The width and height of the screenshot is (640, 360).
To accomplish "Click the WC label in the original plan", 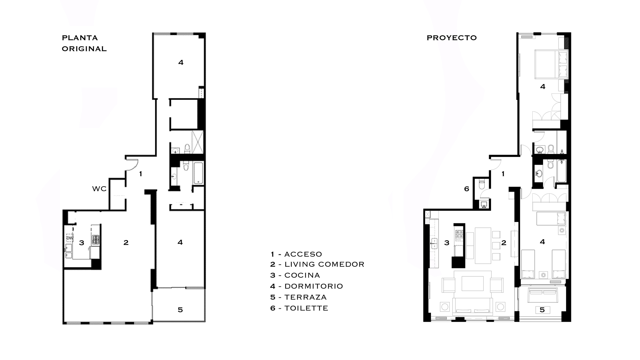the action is pos(99,189).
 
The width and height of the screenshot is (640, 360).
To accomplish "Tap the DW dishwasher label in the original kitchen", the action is pos(70,238).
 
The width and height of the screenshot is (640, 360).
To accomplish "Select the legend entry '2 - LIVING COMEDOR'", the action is pos(317,264).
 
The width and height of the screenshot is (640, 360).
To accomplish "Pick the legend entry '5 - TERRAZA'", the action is pos(299,297).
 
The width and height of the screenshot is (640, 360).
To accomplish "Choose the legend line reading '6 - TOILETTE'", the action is pos(299,308).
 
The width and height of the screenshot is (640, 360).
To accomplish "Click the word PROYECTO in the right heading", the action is pos(452,38).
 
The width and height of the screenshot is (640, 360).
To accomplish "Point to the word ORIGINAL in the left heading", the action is pos(84,49).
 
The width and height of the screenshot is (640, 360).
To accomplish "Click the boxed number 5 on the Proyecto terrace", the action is pos(542,310).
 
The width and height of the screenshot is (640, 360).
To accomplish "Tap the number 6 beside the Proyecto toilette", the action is pos(467,189).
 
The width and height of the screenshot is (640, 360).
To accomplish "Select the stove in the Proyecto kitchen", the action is pos(459,235).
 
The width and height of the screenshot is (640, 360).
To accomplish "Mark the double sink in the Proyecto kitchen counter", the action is pos(434,244).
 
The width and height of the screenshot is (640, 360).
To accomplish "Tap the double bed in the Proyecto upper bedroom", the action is pos(551,64).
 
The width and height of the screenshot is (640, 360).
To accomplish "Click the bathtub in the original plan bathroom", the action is pos(198,173).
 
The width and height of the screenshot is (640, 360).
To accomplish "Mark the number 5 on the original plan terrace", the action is pos(180,310).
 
